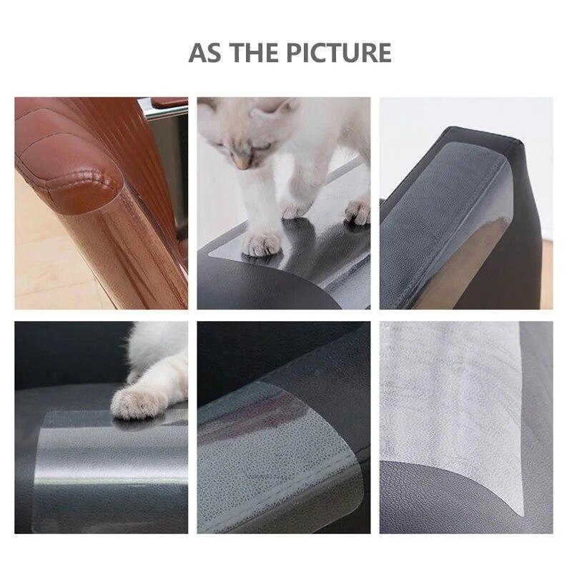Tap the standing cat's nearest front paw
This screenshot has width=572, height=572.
click(x=262, y=243)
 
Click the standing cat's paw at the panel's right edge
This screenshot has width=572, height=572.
click(x=357, y=211)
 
